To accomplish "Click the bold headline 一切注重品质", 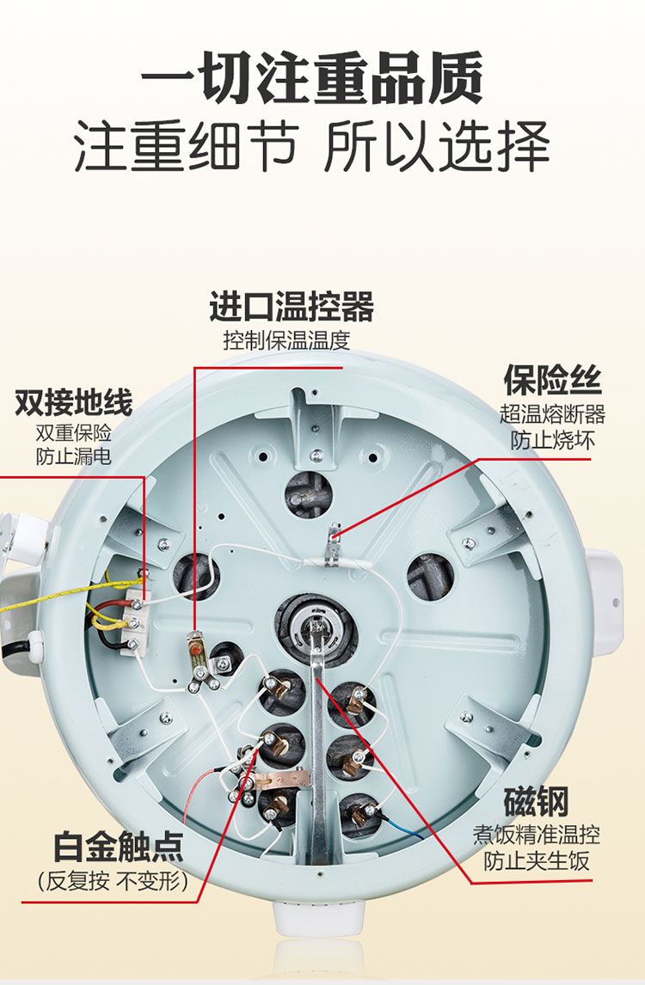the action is click(312, 79).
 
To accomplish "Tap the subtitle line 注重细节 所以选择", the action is click(312, 146).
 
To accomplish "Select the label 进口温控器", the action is click(292, 306).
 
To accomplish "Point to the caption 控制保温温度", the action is click(286, 340).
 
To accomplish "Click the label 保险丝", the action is click(553, 380).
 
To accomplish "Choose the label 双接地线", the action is click(74, 402).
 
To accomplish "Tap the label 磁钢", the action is click(537, 802).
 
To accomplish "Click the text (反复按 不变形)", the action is click(114, 881).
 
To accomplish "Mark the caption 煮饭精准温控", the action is click(537, 835).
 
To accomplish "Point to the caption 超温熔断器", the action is click(553, 414).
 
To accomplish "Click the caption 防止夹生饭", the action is click(537, 860).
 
